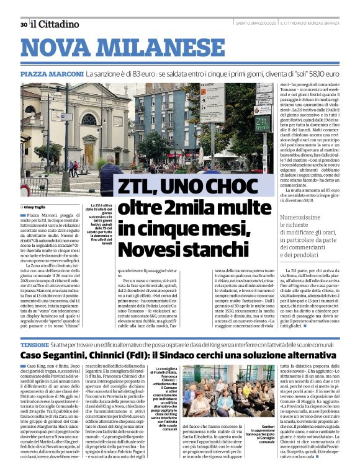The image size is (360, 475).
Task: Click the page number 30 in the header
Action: click(23, 24)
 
